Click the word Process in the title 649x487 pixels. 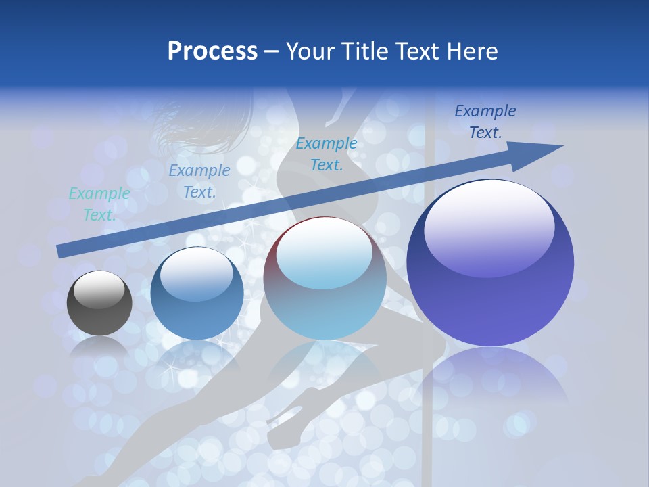tap(212, 51)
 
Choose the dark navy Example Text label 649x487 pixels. tap(485, 122)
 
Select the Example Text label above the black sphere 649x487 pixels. tap(99, 204)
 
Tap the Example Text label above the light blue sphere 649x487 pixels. tap(327, 154)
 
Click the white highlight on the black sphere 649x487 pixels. tap(99, 289)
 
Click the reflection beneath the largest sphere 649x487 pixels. tap(490, 386)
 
